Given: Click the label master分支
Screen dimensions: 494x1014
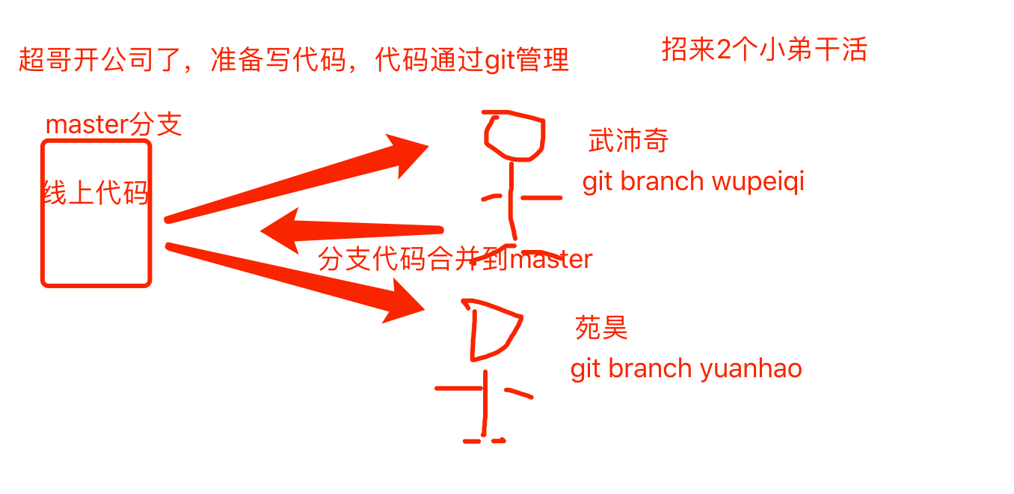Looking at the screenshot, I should tap(114, 124).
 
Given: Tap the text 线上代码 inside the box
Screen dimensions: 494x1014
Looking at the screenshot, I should tap(96, 193).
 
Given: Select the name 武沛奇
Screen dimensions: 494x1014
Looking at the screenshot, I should tap(628, 140).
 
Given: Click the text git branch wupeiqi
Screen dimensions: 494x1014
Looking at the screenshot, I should tap(693, 181).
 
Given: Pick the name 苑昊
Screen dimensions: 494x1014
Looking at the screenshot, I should tap(601, 328).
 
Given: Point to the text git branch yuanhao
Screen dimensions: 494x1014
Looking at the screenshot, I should tap(686, 368).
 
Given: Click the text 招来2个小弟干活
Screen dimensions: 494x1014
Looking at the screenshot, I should tap(764, 49).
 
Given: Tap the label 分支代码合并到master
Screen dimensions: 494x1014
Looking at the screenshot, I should tap(455, 259).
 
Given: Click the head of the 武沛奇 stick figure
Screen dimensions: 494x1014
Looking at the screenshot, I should tap(514, 136).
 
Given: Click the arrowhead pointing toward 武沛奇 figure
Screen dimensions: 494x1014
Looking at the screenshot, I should tap(408, 153).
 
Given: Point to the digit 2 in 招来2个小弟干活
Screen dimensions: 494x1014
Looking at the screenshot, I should tap(724, 50).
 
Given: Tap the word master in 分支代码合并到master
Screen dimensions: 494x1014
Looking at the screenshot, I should tap(550, 260).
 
